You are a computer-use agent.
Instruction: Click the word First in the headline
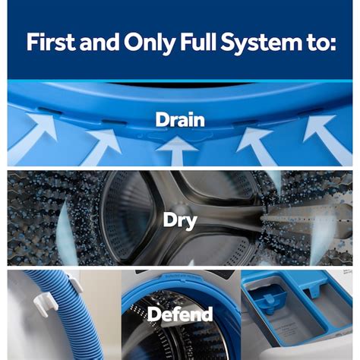click(52, 42)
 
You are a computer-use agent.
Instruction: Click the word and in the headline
click(99, 42)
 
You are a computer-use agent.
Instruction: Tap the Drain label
click(180, 119)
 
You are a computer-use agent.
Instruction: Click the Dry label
click(180, 221)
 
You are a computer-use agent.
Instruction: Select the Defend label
click(180, 314)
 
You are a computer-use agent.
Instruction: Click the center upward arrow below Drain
click(177, 151)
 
